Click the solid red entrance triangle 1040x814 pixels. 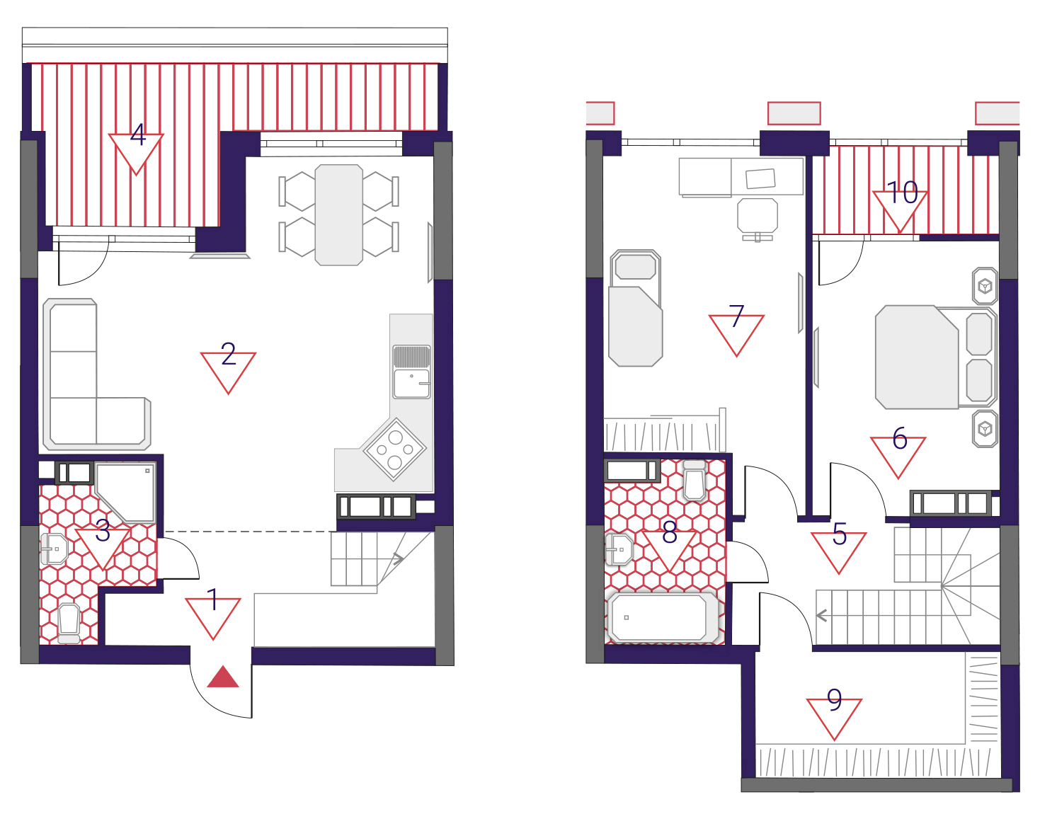click(x=222, y=677)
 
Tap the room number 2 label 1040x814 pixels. click(x=228, y=354)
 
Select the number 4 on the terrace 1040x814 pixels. click(x=138, y=134)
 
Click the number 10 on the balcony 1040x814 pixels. click(x=902, y=193)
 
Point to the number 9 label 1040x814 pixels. click(x=835, y=699)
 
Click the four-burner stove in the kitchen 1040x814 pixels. click(x=394, y=449)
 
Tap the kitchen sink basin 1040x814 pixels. click(x=411, y=383)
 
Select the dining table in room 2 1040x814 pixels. click(x=338, y=215)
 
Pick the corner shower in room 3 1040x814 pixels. click(x=126, y=492)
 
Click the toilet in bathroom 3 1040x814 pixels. click(x=69, y=624)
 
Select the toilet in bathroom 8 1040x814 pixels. click(x=695, y=480)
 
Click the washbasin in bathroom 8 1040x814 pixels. click(x=619, y=549)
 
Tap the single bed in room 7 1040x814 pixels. click(x=636, y=308)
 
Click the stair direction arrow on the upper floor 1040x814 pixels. click(x=822, y=615)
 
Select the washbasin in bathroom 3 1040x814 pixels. click(x=54, y=549)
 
